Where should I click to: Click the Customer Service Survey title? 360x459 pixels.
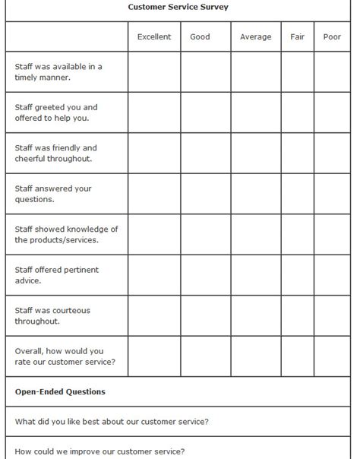(178, 7)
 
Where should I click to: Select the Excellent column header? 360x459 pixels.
(154, 36)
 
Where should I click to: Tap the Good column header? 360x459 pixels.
(200, 36)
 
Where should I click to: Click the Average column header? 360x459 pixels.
(255, 36)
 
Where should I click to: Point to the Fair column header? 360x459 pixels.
(297, 36)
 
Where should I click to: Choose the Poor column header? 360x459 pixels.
(332, 36)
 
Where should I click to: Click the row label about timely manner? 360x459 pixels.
(58, 71)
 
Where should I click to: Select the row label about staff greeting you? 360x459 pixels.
(56, 112)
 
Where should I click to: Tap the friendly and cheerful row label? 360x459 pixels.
(56, 153)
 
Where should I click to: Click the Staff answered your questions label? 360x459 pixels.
(53, 194)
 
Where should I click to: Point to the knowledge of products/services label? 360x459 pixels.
(67, 234)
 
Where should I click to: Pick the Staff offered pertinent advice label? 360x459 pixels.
(57, 275)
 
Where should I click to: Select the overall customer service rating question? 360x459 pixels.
(65, 356)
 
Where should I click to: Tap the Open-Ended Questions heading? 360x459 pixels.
(60, 392)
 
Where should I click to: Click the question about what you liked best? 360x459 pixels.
(112, 422)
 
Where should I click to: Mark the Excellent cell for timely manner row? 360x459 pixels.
(154, 71)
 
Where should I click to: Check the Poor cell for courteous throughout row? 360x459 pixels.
(332, 315)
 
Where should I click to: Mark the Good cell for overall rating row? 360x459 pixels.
(205, 356)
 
